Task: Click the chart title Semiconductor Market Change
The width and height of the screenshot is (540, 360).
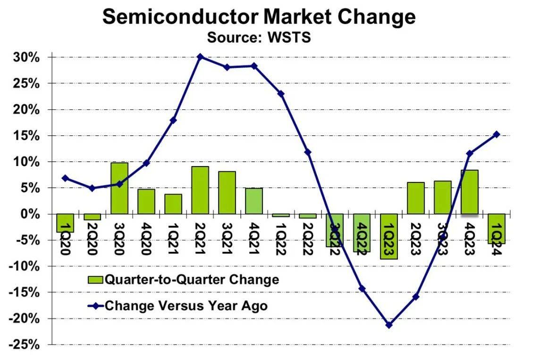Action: [259, 17]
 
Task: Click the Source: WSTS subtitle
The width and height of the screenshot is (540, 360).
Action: [259, 37]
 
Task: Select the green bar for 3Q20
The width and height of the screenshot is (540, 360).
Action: [119, 188]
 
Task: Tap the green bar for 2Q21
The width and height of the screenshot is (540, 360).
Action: [200, 190]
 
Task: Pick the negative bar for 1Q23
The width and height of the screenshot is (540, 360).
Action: [389, 236]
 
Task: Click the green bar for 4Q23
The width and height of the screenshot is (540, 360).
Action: [470, 192]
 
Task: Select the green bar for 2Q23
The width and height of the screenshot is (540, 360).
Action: [416, 198]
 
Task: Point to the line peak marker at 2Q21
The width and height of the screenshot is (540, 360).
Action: [200, 57]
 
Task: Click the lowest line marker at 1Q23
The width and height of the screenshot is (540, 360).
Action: [389, 325]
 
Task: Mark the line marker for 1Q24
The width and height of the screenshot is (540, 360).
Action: [497, 134]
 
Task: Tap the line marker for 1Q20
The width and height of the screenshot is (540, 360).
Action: [65, 178]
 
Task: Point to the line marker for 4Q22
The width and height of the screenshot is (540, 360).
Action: [362, 288]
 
